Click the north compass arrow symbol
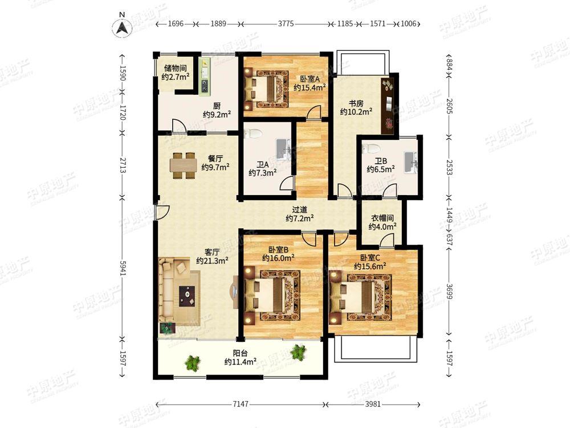pos(123,27)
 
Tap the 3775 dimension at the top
pos(286,23)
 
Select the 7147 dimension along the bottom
pos(241,404)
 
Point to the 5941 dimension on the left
pos(123,268)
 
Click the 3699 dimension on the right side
pos(449,292)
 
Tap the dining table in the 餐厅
pos(184,165)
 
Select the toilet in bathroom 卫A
pos(254,134)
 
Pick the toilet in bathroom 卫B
pos(372,148)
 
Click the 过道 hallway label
pos(300,209)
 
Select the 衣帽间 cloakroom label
pos(382,218)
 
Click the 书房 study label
pos(356,104)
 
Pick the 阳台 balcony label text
pos(241,353)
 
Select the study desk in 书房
pos(387,106)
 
